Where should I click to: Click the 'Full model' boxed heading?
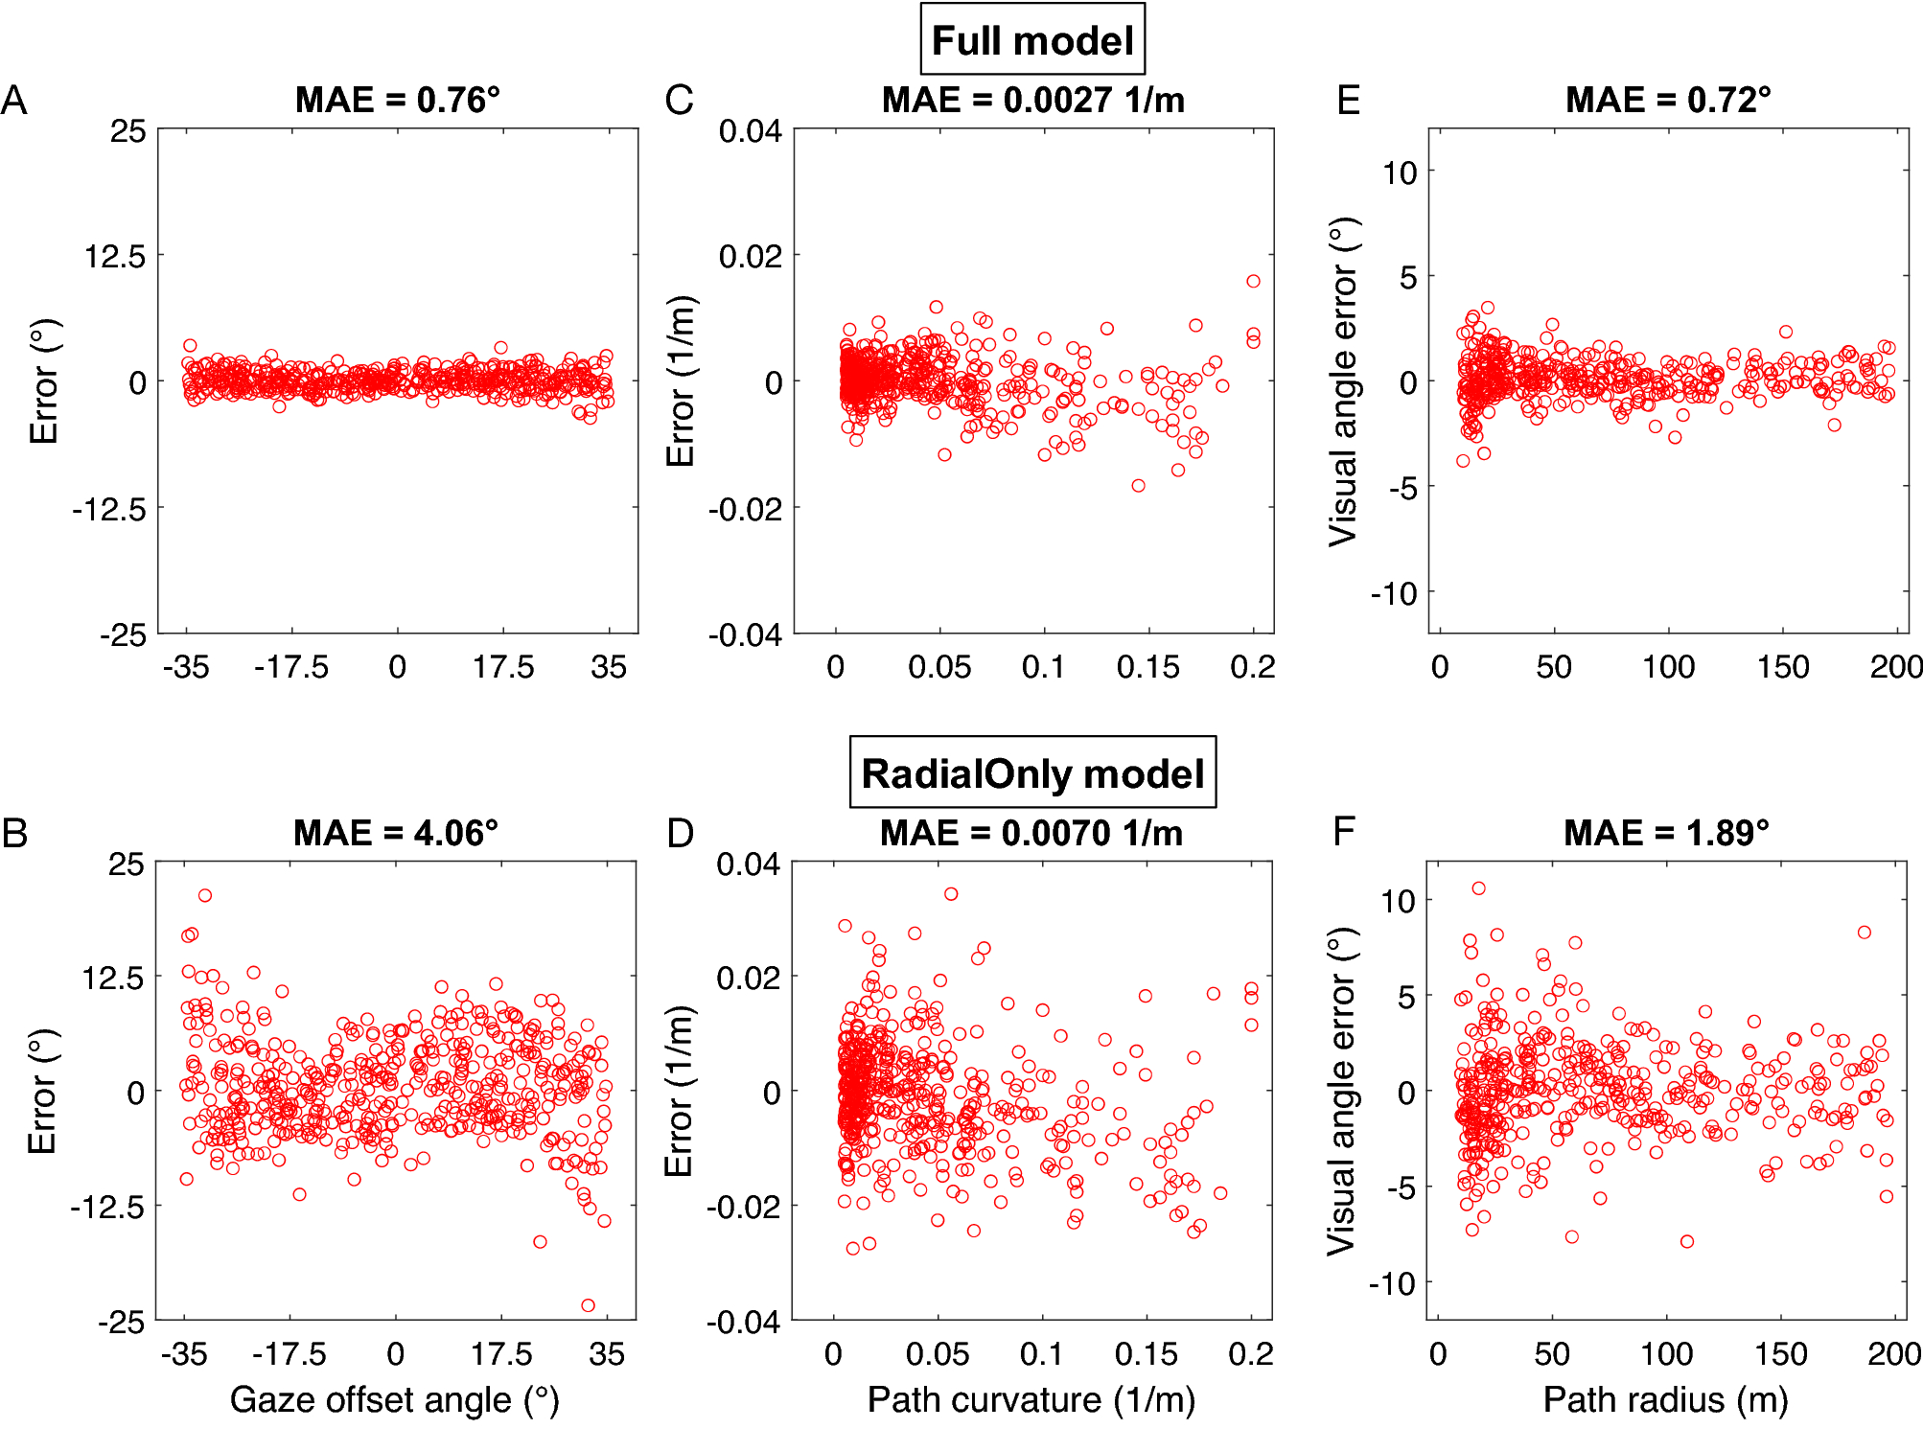(x=1032, y=40)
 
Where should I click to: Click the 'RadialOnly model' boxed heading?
(x=1032, y=773)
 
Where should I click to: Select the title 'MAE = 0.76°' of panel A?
(x=397, y=100)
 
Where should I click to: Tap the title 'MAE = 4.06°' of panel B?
(x=395, y=833)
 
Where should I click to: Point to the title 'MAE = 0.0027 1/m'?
(x=1032, y=100)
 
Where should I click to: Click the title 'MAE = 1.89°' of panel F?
(x=1665, y=833)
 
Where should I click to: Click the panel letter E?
(x=1348, y=100)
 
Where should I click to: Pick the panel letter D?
(x=680, y=833)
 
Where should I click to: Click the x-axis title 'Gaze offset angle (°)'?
(x=394, y=1400)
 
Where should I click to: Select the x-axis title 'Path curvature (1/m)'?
(x=1031, y=1400)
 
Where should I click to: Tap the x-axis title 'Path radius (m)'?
(x=1665, y=1400)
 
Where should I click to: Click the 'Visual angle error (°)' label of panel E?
(x=1343, y=381)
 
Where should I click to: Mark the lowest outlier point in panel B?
(x=588, y=1305)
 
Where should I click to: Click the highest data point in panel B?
(x=204, y=895)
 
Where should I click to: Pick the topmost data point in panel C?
(x=1253, y=281)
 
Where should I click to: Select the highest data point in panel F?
(x=1478, y=888)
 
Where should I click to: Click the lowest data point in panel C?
(x=1138, y=486)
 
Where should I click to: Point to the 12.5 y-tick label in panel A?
(x=115, y=256)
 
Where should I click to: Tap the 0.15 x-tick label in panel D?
(x=1146, y=1354)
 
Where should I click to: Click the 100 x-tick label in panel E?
(x=1668, y=667)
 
